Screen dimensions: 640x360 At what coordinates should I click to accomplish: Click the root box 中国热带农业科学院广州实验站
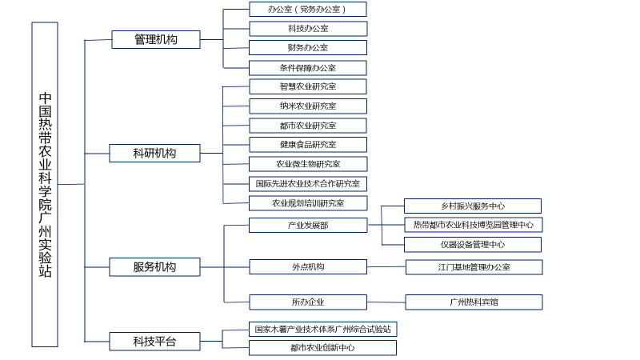pos(45,185)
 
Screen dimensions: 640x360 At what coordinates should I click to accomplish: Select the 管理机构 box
pos(156,39)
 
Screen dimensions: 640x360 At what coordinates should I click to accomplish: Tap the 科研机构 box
pos(154,153)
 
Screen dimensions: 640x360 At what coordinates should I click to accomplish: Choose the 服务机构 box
pos(154,267)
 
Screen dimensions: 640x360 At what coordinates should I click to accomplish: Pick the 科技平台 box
pos(154,342)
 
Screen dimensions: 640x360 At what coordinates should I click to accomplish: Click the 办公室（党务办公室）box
pos(308,9)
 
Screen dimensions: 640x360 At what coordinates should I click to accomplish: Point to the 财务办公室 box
pos(308,47)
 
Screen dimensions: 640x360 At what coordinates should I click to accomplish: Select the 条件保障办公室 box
pos(308,68)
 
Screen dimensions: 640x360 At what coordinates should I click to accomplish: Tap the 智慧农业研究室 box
pos(308,86)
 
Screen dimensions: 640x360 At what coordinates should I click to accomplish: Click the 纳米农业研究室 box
pos(308,106)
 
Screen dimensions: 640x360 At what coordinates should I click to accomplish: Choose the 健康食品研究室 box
pos(308,145)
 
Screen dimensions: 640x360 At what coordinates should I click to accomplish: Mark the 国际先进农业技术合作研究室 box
pos(308,184)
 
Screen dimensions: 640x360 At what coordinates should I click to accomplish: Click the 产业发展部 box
pos(308,225)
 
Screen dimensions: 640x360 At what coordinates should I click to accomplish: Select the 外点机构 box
pos(308,267)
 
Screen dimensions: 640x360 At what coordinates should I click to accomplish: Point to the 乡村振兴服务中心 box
pos(473,206)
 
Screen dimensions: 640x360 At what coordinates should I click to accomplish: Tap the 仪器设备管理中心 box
pos(473,245)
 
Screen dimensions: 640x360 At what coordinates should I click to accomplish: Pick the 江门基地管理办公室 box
pos(474,267)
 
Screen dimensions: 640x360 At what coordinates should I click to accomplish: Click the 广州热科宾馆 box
pos(474,302)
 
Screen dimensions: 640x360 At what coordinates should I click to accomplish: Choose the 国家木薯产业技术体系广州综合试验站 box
pos(323,329)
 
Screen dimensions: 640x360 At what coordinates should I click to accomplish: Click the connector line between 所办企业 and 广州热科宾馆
pos(386,302)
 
